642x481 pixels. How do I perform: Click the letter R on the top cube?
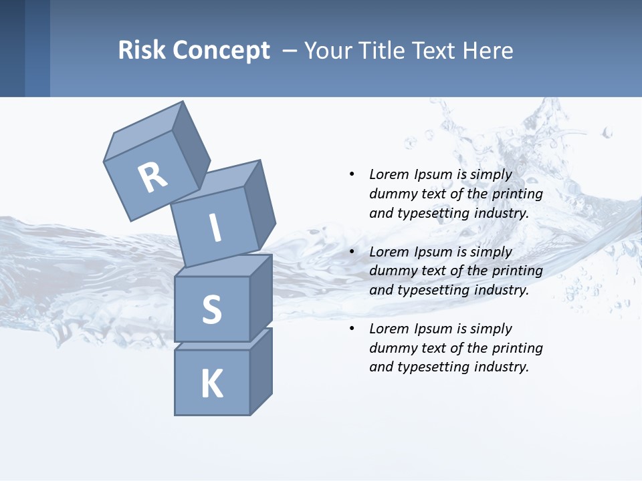153,177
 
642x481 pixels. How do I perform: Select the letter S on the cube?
212,309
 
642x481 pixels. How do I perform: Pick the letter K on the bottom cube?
212,384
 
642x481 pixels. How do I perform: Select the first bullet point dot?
352,174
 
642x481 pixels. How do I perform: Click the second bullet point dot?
352,252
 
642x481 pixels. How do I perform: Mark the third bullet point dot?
352,329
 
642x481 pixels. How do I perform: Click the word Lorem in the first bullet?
389,174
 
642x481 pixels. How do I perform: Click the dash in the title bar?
291,51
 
